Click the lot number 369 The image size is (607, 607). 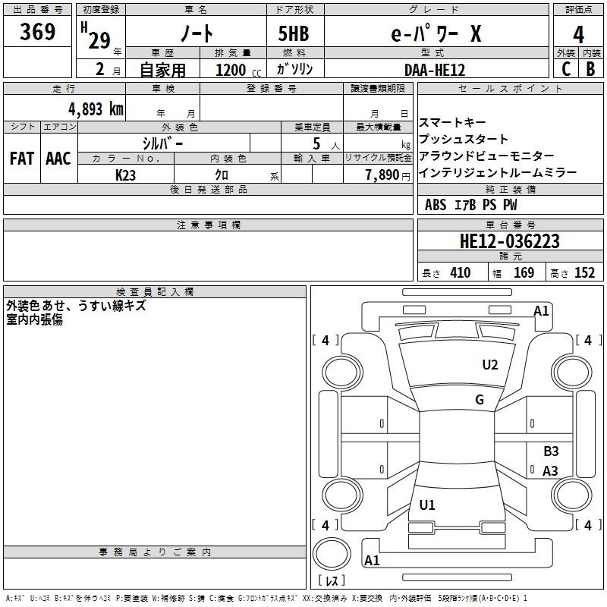click(37, 32)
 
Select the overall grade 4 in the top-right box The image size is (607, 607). click(578, 35)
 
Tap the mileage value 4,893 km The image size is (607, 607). click(96, 109)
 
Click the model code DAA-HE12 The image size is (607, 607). click(435, 70)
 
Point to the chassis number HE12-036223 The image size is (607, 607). click(510, 241)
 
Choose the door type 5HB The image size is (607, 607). click(294, 33)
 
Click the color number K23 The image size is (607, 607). click(125, 175)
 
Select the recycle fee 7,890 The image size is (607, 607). click(382, 175)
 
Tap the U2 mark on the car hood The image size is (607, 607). click(490, 365)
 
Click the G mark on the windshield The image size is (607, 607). click(480, 400)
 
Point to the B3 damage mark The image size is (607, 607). click(551, 451)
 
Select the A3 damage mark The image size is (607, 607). click(550, 470)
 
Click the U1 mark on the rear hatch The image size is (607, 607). click(427, 505)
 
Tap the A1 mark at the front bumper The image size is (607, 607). click(541, 311)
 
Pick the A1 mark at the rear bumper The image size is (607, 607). click(372, 560)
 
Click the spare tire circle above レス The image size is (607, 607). click(332, 554)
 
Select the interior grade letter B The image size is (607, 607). click(590, 69)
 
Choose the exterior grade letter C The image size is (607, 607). click(566, 69)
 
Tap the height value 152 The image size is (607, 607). click(584, 272)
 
